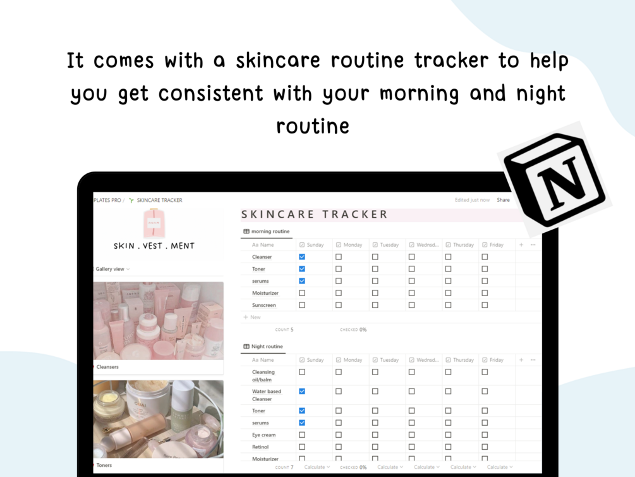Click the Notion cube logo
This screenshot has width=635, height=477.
pos(554,180)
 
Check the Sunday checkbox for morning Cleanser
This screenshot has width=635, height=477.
pos(302,257)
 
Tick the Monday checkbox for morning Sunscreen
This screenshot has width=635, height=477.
pos(339,305)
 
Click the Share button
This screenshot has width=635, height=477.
pos(503,200)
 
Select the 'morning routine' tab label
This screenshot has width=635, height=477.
pos(270,231)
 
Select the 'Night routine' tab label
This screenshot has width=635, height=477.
pos(267,347)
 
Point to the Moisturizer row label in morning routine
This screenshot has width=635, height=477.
pos(265,293)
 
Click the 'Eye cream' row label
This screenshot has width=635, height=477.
pos(263,435)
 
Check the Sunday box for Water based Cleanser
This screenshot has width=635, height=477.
pos(302,392)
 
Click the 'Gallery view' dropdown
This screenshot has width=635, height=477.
pos(112,269)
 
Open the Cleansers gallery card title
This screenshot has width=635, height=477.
pos(107,367)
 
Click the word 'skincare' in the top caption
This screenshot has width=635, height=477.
pos(278,61)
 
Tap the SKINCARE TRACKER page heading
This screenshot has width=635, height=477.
pos(314,214)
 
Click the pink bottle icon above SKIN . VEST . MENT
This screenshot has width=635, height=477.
pos(154,223)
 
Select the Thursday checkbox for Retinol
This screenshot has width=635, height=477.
pos(449,447)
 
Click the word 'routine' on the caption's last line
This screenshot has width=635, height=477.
pos(313,126)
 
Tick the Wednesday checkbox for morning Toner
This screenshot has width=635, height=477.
pos(411,269)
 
